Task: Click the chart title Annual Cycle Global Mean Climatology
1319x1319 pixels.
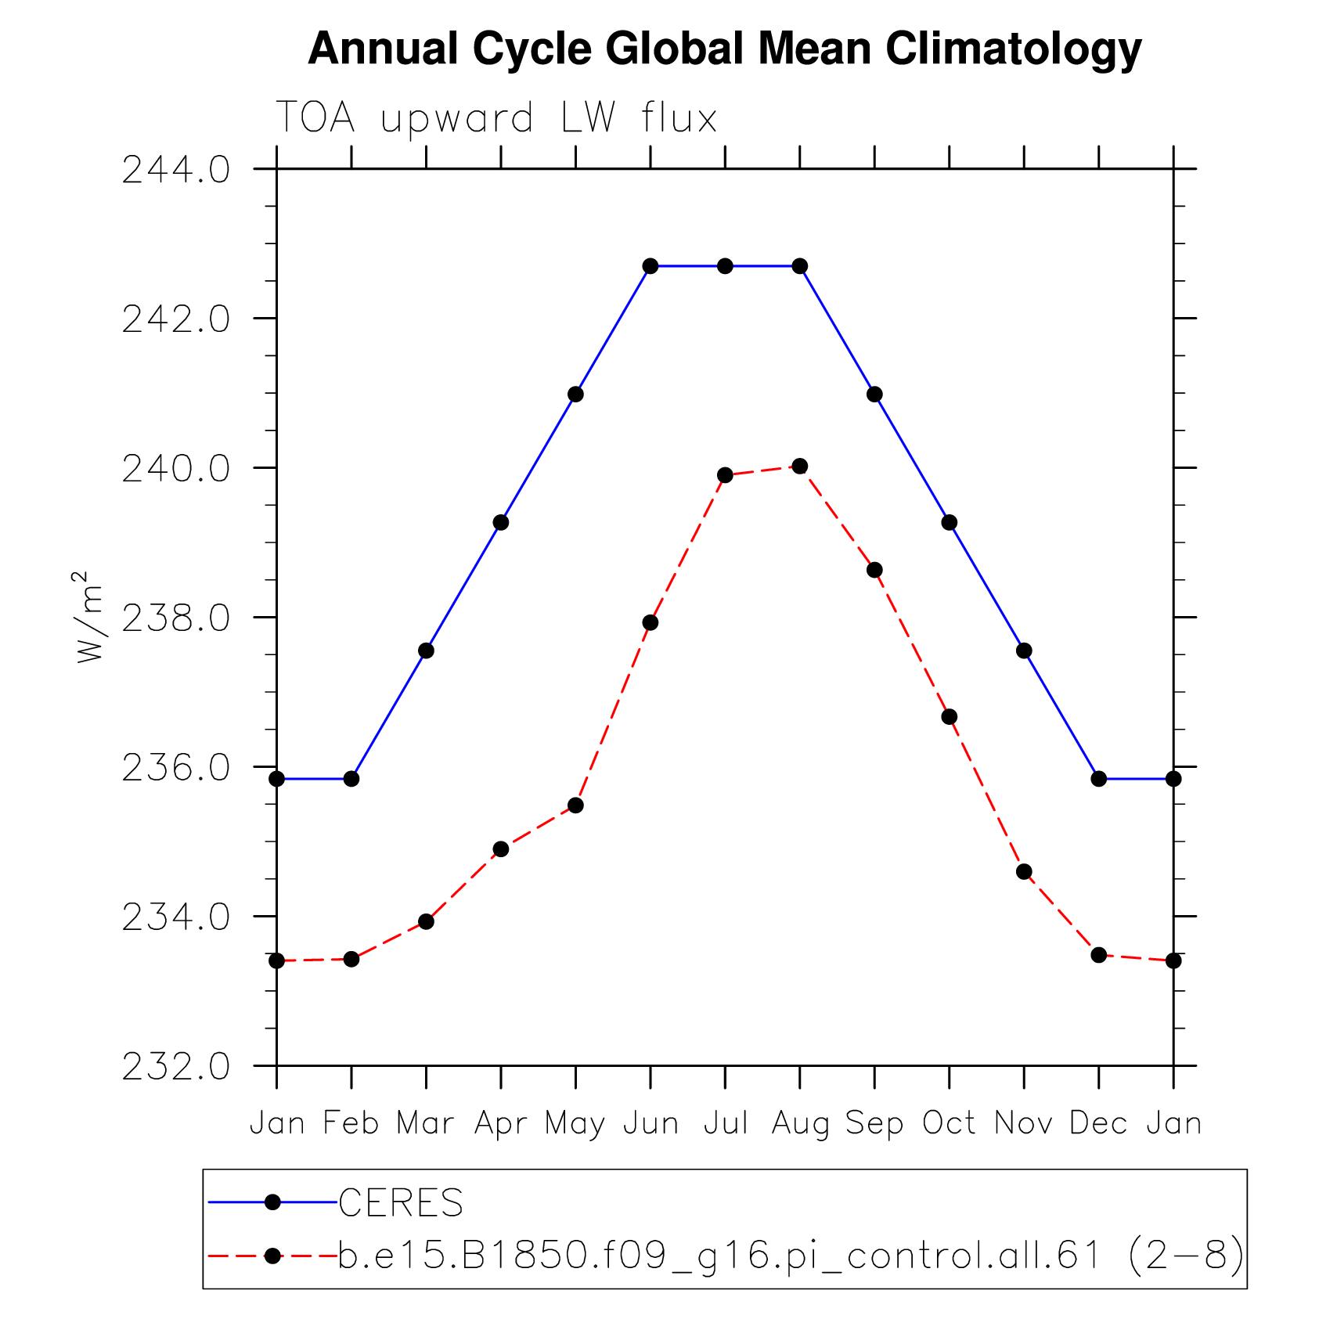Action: pyautogui.click(x=724, y=49)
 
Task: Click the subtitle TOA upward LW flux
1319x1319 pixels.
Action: pyautogui.click(x=496, y=119)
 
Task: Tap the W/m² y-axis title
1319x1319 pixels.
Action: pyautogui.click(x=88, y=617)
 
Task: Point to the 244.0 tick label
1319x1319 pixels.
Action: pyautogui.click(x=176, y=170)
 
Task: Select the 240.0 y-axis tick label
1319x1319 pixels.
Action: pyautogui.click(x=176, y=469)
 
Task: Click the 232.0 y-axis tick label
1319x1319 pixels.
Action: pyautogui.click(x=176, y=1066)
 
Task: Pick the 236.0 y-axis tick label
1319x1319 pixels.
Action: pyautogui.click(x=176, y=768)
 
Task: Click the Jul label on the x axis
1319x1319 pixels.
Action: pyautogui.click(x=726, y=1123)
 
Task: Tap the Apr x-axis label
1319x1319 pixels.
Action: pyautogui.click(x=501, y=1124)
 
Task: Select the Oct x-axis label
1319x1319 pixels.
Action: pyautogui.click(x=949, y=1123)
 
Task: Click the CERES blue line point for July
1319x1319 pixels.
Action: pyautogui.click(x=725, y=266)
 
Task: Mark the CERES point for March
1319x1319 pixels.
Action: pyautogui.click(x=426, y=650)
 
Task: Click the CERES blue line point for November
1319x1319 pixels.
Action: pyautogui.click(x=1024, y=650)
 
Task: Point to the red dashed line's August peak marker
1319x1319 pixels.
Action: pyautogui.click(x=799, y=467)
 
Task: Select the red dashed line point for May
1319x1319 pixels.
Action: pyautogui.click(x=575, y=805)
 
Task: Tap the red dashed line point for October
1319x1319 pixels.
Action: pyautogui.click(x=949, y=717)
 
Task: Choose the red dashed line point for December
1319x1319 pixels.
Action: pyautogui.click(x=1098, y=955)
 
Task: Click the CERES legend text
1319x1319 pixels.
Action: pyautogui.click(x=401, y=1203)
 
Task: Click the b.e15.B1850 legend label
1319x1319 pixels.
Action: pyautogui.click(x=791, y=1256)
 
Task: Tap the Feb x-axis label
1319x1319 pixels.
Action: pyautogui.click(x=351, y=1123)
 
